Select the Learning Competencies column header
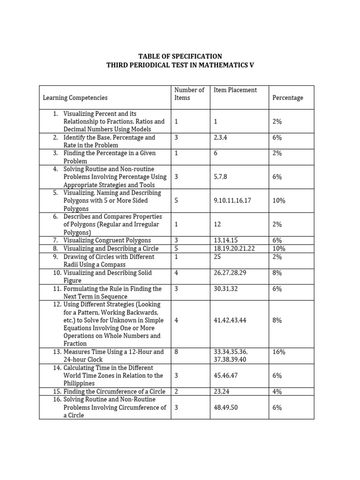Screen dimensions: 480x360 click(x=75, y=98)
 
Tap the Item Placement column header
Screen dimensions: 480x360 click(x=235, y=90)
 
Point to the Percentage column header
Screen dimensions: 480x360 click(x=287, y=98)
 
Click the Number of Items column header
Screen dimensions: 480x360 click(x=189, y=94)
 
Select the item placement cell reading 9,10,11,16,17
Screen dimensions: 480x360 click(x=232, y=201)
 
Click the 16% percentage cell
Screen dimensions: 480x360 click(x=279, y=352)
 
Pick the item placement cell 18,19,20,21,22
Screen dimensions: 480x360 click(x=234, y=248)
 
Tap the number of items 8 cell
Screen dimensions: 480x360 click(x=176, y=352)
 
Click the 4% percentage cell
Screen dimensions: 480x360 click(x=277, y=391)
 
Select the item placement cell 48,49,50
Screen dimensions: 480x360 click(x=226, y=407)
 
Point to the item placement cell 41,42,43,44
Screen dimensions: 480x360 click(x=230, y=320)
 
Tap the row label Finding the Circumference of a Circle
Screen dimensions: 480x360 click(x=114, y=391)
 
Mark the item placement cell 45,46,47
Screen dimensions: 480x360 click(x=226, y=375)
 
